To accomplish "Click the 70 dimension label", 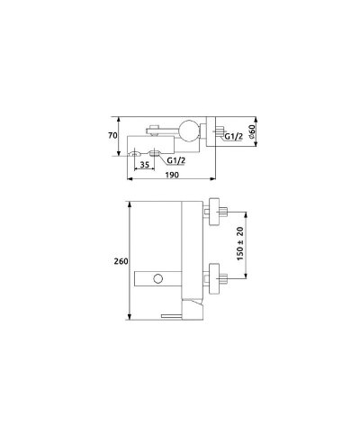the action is (x=112, y=136).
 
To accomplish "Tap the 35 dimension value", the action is (x=145, y=165).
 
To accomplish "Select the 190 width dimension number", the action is (x=172, y=175).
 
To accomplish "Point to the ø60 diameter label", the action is (x=252, y=131).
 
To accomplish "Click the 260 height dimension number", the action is (x=121, y=261).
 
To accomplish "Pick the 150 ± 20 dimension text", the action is (x=240, y=243).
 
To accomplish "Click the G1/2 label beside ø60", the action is (x=233, y=137).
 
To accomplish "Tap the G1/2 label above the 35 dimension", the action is (x=176, y=160).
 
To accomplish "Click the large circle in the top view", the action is (x=188, y=131).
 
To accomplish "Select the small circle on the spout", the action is (x=158, y=278).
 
